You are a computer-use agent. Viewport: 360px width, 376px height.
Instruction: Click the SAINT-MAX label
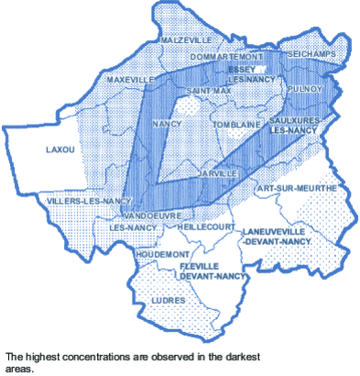click(x=209, y=92)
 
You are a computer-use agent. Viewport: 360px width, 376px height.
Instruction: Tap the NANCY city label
click(x=166, y=123)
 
